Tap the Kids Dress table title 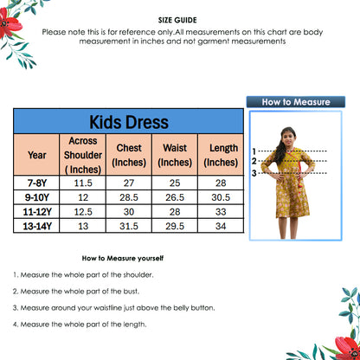coord(129,122)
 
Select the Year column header coord(37,155)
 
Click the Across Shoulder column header coord(83,155)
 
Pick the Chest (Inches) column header coord(129,155)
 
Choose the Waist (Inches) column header coord(175,155)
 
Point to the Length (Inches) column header coord(221,155)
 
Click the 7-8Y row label coord(37,183)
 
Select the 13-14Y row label coord(37,226)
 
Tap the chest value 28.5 coord(129,197)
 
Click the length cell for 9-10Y coord(221,197)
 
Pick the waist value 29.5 coord(175,226)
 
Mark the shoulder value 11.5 coord(83,183)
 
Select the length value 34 coord(221,226)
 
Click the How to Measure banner coord(296,102)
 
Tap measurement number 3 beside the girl coord(254,173)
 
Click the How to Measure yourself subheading coord(122,258)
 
